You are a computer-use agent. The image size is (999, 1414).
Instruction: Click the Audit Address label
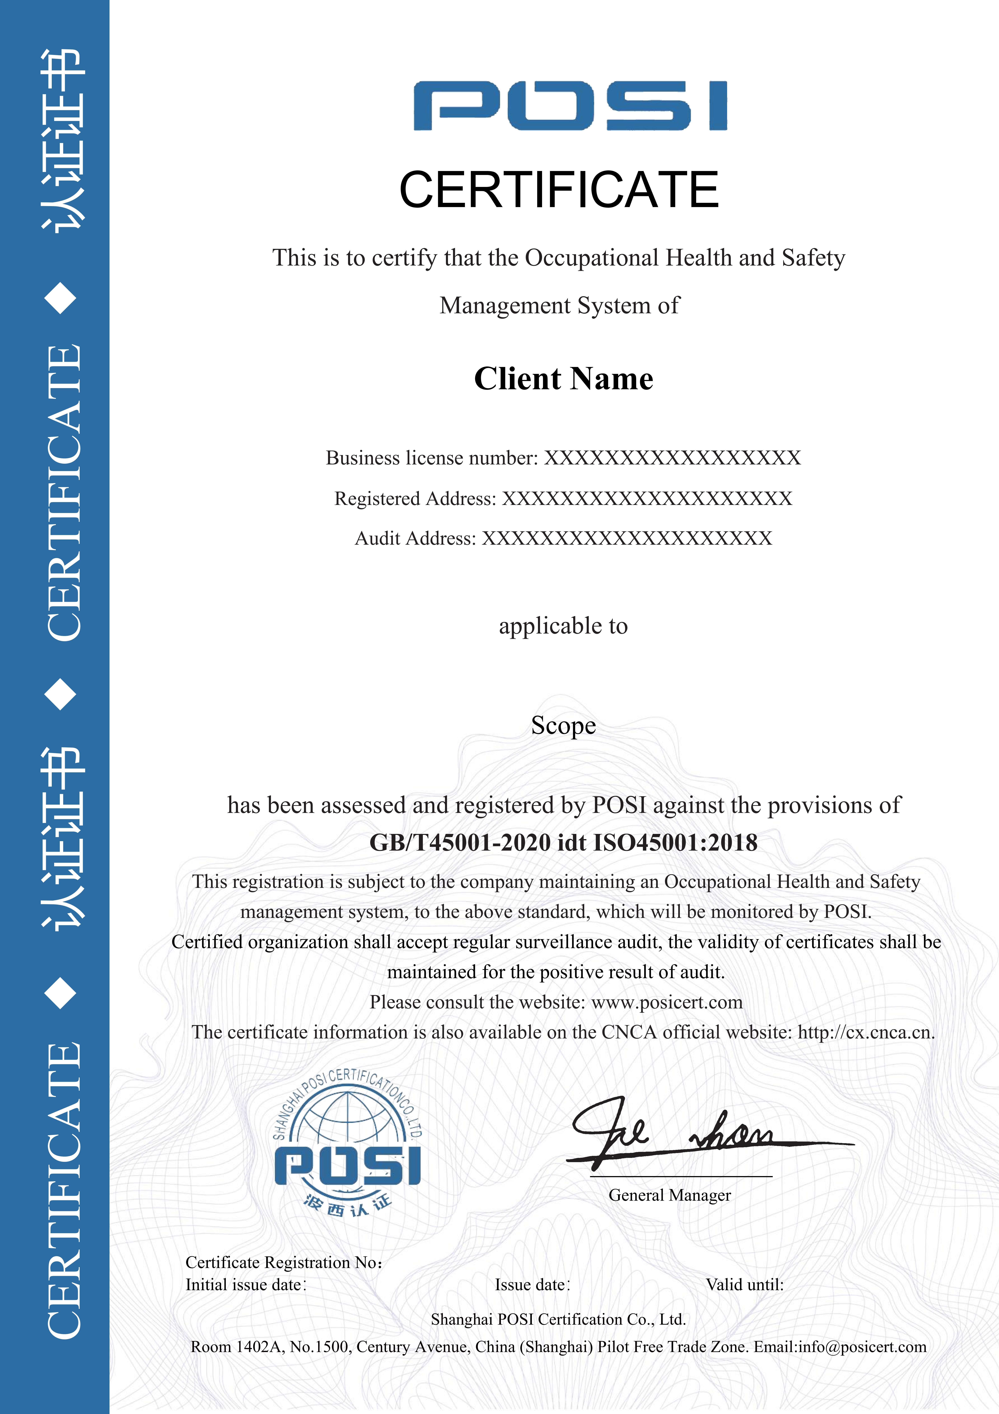(416, 538)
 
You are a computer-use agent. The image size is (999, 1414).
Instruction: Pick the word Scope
(563, 725)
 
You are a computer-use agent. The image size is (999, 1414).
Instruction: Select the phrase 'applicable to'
(563, 626)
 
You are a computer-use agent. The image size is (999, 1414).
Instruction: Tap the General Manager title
(670, 1195)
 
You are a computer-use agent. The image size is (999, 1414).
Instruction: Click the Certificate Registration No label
(284, 1263)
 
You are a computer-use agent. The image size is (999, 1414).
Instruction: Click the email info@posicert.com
(862, 1347)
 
